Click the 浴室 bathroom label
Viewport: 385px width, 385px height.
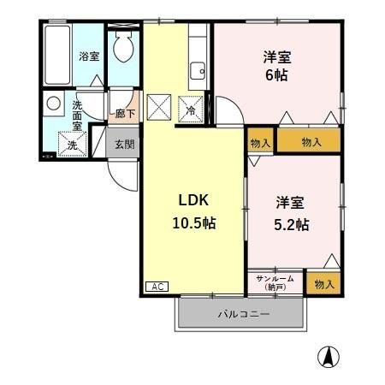coord(89,56)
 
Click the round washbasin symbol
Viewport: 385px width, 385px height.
coord(53,104)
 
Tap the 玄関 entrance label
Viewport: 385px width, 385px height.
coord(124,144)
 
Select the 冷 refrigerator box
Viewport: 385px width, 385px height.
coord(191,109)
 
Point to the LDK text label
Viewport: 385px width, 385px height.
coord(192,201)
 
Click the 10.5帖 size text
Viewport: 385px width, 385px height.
coord(192,223)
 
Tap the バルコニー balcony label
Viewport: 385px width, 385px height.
coord(243,314)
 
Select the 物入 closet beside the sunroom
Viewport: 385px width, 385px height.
coord(324,281)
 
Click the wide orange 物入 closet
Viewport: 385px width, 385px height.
coord(311,142)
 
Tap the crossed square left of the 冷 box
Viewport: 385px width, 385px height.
coord(159,108)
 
